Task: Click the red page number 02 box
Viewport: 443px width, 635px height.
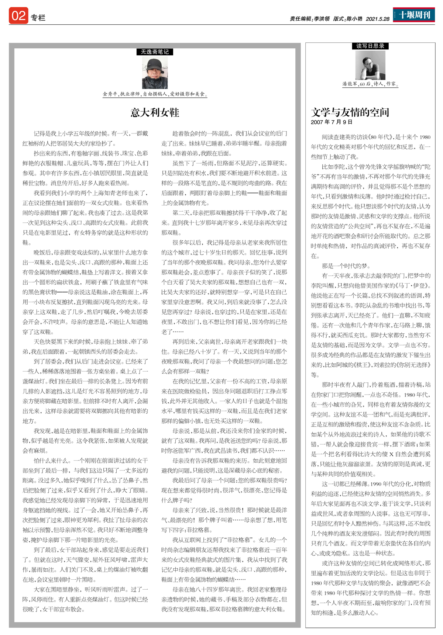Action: (18, 16)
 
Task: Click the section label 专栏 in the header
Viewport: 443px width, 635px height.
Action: (38, 18)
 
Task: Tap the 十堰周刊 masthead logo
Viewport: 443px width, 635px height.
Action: (414, 15)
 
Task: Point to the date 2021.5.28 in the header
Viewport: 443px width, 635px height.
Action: (378, 19)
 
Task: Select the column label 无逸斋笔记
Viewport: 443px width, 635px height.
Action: (155, 52)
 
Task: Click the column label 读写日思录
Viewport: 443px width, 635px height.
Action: (370, 46)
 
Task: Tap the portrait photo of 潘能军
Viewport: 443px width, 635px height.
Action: (370, 65)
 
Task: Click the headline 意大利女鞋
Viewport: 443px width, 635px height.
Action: (155, 112)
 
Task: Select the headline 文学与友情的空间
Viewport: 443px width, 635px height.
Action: (350, 112)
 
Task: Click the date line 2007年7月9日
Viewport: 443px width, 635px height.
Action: (332, 122)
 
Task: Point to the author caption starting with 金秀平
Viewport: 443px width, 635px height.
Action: (155, 94)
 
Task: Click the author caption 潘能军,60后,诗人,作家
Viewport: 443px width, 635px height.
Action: (370, 84)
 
